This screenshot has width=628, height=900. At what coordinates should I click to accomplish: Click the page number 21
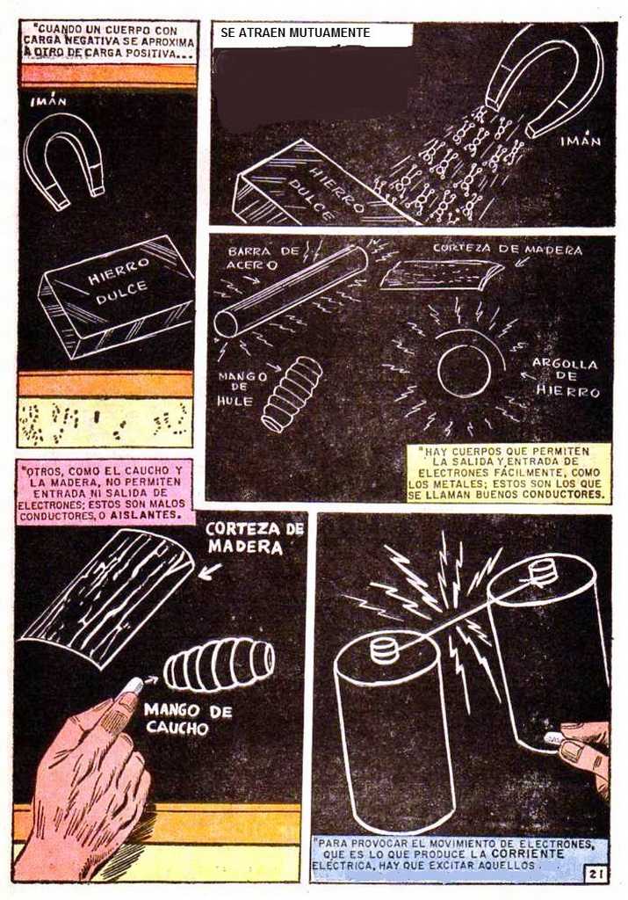pyautogui.click(x=595, y=875)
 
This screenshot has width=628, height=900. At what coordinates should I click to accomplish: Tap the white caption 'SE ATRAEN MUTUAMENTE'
pyautogui.click(x=295, y=33)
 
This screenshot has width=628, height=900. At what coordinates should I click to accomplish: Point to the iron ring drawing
pyautogui.click(x=464, y=370)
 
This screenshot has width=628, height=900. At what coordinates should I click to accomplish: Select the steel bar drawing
pyautogui.click(x=292, y=290)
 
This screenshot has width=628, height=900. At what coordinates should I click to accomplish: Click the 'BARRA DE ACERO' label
pyautogui.click(x=263, y=258)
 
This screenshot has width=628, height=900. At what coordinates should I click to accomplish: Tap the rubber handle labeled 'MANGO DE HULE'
pyautogui.click(x=292, y=394)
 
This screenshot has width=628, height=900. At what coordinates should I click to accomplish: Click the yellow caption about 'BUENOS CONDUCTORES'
pyautogui.click(x=507, y=473)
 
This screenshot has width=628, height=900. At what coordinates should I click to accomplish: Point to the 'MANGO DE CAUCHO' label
pyautogui.click(x=188, y=719)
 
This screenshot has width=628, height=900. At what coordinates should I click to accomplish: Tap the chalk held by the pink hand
pyautogui.click(x=132, y=686)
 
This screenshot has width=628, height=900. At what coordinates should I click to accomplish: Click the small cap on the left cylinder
pyautogui.click(x=384, y=650)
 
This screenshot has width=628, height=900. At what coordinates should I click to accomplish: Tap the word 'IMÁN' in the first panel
pyautogui.click(x=49, y=102)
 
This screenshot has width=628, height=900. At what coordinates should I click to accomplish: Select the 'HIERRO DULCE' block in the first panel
pyautogui.click(x=115, y=297)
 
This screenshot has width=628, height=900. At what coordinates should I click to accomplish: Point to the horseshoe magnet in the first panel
pyautogui.click(x=63, y=158)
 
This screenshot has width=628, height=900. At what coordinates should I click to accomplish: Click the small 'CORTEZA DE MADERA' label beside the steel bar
pyautogui.click(x=507, y=250)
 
